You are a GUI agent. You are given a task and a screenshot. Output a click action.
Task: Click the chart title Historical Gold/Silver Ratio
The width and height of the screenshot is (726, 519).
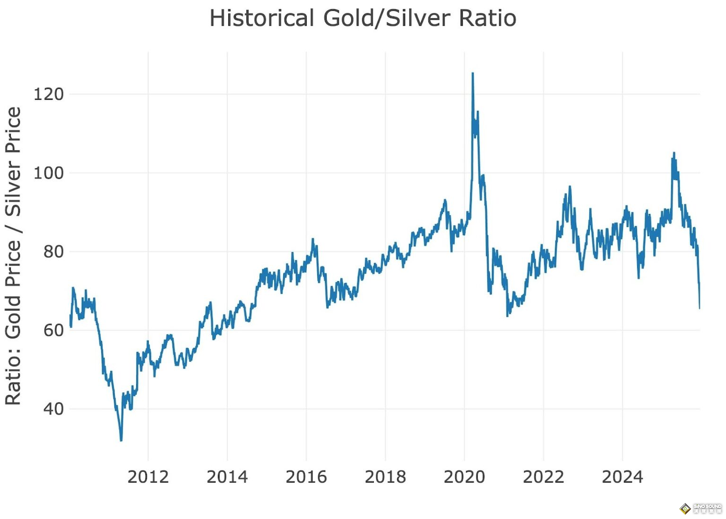363,18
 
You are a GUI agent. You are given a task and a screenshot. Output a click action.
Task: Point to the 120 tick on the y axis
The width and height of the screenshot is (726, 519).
48,94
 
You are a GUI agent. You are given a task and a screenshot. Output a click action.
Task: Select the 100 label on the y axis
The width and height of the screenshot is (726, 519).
48,173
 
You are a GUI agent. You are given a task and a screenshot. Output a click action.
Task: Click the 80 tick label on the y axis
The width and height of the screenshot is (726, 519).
53,252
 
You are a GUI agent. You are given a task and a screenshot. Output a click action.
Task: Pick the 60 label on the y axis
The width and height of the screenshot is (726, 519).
53,330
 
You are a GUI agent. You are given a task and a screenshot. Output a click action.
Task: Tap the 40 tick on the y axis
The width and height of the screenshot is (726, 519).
53,409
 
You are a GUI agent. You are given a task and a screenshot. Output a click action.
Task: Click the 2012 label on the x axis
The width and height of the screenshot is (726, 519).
148,477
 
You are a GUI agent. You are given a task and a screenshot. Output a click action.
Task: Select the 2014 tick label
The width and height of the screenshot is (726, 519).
227,477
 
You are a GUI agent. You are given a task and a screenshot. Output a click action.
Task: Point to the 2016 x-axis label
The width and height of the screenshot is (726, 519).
306,477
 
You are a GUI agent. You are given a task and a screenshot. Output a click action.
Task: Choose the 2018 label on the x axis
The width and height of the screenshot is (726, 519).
385,477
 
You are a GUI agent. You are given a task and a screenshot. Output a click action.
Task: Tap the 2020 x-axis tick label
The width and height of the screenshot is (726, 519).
464,477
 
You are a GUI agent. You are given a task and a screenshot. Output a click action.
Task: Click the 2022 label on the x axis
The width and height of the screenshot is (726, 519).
544,477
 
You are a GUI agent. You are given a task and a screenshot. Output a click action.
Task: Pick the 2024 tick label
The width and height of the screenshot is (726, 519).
622,477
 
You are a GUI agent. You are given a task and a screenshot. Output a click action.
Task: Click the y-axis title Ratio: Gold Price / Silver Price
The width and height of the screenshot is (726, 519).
13,255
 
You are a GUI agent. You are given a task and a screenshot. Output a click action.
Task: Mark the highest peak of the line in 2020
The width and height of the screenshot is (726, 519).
473,74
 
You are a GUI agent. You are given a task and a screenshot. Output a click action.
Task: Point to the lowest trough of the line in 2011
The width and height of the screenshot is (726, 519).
121,440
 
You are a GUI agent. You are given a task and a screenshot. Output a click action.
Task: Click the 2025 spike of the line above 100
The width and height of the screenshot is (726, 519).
674,153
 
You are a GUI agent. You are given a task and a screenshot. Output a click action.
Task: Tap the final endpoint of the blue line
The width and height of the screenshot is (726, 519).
700,308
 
